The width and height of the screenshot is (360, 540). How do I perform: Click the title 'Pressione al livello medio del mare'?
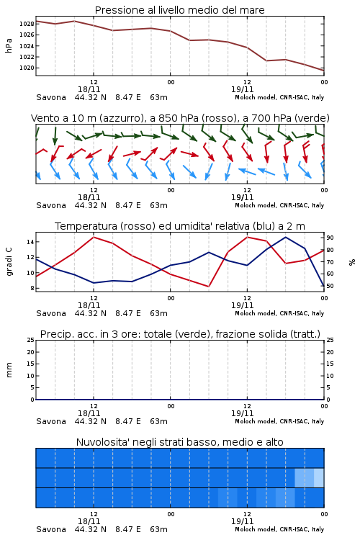coord(179,10)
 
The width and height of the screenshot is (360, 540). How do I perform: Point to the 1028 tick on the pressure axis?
coord(27,24)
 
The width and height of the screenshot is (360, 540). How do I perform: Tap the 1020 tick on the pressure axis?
coord(27,68)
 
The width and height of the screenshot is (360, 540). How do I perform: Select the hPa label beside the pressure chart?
coord(9,46)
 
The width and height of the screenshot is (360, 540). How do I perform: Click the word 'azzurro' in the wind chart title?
coord(120,119)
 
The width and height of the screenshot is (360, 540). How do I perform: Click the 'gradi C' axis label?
coord(9,262)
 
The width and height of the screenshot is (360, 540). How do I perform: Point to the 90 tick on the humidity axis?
coord(330,238)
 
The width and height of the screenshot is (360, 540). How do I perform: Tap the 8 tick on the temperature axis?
coord(32,288)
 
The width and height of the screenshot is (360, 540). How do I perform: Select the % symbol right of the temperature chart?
coord(352,262)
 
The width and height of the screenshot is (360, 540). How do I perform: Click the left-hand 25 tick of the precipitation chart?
coord(31,340)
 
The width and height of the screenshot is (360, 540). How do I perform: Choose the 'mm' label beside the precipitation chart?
coord(9,370)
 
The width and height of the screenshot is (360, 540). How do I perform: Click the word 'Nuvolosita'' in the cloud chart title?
coord(99,442)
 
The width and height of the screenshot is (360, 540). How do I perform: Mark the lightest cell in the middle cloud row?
coord(319,477)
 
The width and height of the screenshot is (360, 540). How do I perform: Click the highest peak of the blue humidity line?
coord(285,237)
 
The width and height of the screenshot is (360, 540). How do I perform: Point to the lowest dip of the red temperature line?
coord(209,287)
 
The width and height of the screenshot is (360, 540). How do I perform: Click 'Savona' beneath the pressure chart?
coord(51,97)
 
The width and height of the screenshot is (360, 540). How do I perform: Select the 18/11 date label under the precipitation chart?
coord(89,413)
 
